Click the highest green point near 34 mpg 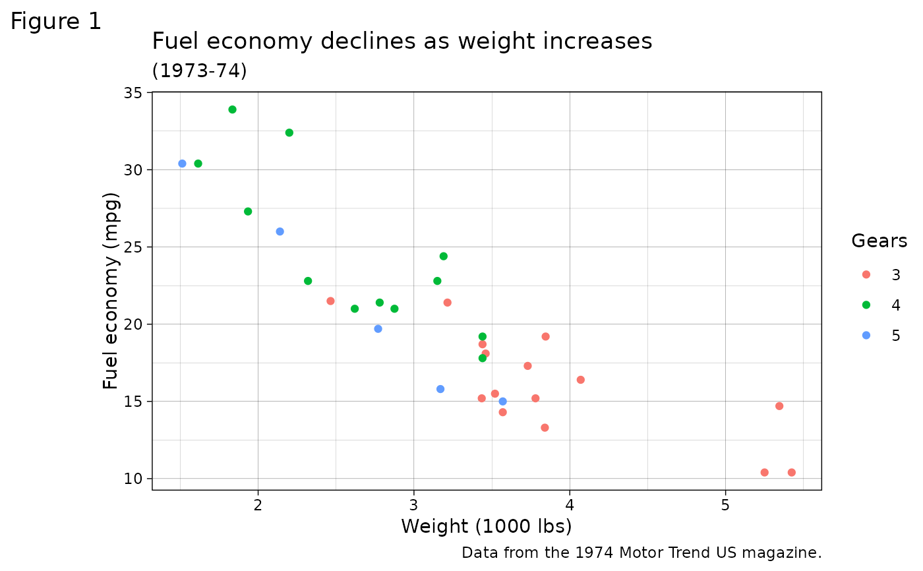[232, 109]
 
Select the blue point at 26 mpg [280, 231]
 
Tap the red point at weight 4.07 [580, 380]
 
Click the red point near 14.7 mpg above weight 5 [779, 406]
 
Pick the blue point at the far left [182, 164]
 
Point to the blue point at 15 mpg [502, 402]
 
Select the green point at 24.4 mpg [443, 256]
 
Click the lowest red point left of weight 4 [545, 428]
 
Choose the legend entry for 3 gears [880, 275]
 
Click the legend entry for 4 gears [880, 305]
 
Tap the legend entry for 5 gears [880, 336]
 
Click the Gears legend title [879, 241]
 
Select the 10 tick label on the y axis [133, 479]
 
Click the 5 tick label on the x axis [725, 504]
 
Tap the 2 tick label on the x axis [258, 504]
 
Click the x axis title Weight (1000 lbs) [486, 527]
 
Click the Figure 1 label [56, 22]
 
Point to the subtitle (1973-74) [199, 71]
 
